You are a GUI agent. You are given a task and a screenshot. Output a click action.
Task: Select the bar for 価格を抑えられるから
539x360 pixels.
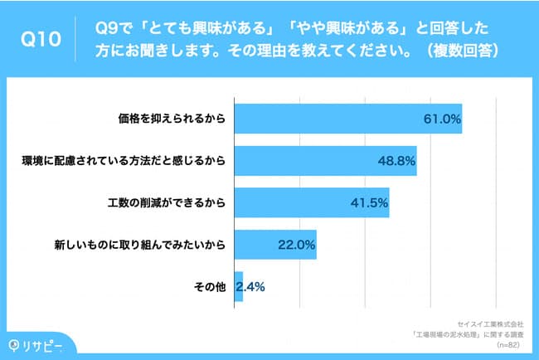348,119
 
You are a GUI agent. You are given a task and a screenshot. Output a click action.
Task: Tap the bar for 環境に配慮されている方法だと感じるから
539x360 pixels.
325,161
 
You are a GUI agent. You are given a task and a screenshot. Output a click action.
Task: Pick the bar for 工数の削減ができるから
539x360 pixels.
312,202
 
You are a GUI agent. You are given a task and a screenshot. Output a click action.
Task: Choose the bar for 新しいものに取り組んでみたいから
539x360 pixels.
275,245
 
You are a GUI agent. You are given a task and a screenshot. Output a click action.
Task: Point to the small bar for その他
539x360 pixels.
239,287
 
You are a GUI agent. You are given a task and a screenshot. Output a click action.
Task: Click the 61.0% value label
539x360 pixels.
442,119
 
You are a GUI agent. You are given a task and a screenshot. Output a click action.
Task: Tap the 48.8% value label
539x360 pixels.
396,161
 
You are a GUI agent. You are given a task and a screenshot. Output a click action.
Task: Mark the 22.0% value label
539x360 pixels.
296,245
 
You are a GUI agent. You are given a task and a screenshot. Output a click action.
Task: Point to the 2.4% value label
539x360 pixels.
250,287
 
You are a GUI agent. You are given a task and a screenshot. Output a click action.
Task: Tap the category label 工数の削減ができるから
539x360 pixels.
166,202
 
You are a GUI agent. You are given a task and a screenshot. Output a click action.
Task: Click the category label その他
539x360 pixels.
210,287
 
